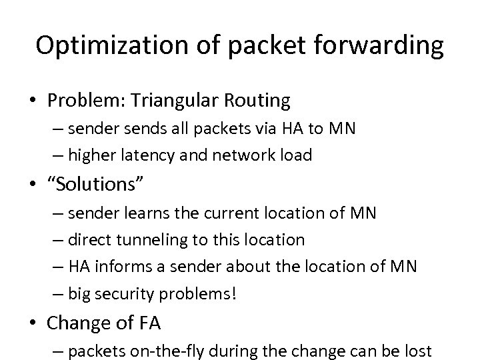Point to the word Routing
(x=258, y=101)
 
